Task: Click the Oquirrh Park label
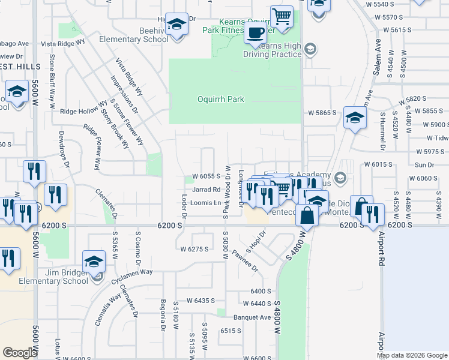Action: pyautogui.click(x=221, y=99)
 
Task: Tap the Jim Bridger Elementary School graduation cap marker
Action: pyautogui.click(x=94, y=262)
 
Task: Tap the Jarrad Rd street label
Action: pyautogui.click(x=206, y=189)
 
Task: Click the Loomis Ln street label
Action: pyautogui.click(x=205, y=203)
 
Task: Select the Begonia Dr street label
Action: pyautogui.click(x=163, y=316)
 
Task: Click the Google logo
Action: pyautogui.click(x=20, y=353)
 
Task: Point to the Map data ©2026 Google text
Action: pyautogui.click(x=412, y=355)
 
